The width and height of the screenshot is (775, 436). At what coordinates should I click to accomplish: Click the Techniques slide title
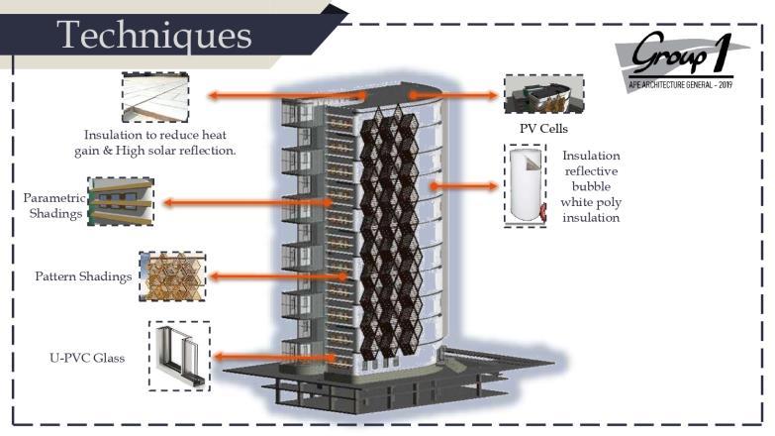tap(153, 35)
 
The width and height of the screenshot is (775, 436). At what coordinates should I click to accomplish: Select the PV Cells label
tap(543, 129)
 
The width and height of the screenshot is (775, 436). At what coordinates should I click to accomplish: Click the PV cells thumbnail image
tap(542, 94)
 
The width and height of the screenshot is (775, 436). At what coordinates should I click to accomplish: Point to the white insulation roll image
tap(525, 185)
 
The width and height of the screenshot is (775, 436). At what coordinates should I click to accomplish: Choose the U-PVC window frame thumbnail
tap(179, 354)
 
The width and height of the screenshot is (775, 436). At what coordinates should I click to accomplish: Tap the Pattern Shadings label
tap(83, 276)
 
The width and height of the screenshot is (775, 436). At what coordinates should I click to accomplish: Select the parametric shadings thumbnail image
tap(120, 202)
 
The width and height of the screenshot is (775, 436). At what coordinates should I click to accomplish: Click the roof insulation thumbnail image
tap(154, 96)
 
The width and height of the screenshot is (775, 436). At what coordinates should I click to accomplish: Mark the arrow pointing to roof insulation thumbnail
tap(286, 96)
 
